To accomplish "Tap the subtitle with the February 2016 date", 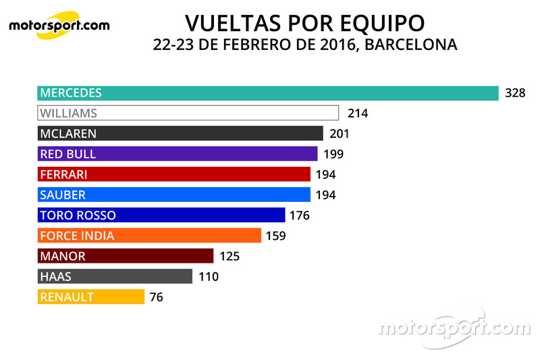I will [305, 45].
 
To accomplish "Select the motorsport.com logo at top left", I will [59, 26].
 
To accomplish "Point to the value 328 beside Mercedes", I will [515, 93].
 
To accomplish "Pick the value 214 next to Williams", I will [357, 113].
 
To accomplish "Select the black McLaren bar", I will [180, 134].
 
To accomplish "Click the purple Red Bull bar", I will [178, 154].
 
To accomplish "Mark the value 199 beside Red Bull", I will [333, 154].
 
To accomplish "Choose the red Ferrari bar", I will [174, 174].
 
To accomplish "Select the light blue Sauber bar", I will [174, 195].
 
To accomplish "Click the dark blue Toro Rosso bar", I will [162, 215].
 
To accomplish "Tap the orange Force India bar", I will [150, 236].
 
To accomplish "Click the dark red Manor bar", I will [126, 256].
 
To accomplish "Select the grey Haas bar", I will [115, 276].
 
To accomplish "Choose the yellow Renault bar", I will [92, 297].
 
